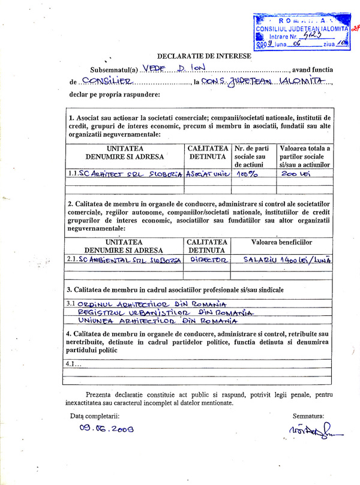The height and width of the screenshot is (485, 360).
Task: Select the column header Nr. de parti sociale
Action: click(253, 156)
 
